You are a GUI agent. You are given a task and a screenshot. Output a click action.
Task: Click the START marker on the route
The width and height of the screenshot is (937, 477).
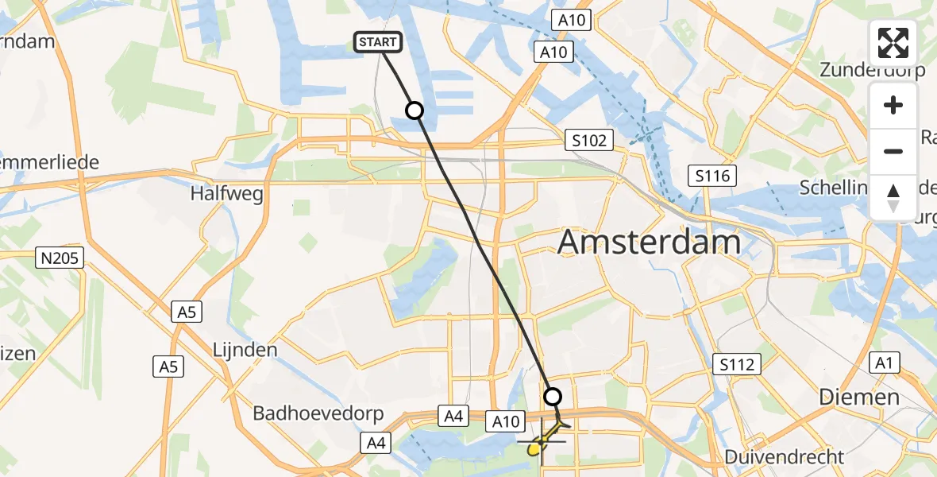coord(379,42)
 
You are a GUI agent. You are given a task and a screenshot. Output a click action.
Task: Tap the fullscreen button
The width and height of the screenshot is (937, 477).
coord(893,43)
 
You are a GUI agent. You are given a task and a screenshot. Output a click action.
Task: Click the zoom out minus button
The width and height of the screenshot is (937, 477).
coord(893,151)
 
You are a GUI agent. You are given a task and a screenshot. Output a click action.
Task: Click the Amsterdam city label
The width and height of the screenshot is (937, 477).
coord(650,242)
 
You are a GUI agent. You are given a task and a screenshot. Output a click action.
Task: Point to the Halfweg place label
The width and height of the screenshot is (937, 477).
coord(216,193)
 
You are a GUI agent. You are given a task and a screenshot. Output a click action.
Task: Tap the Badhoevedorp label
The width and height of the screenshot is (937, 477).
coord(318,414)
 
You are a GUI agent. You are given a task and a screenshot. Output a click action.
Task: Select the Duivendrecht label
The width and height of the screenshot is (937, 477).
coord(785,457)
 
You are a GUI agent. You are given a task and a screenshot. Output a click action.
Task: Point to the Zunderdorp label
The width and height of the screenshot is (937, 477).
coord(872,70)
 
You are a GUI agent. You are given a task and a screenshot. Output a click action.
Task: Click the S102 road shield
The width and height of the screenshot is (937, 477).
coord(588,141)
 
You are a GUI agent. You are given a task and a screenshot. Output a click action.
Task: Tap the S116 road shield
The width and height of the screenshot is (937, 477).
coord(711,176)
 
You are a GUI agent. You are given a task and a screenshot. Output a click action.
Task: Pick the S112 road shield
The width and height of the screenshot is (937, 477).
coord(736,364)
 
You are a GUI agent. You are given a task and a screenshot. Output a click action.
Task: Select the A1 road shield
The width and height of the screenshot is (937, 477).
coord(884,363)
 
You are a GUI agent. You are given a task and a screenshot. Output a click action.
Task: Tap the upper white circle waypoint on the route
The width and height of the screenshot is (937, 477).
coord(415,111)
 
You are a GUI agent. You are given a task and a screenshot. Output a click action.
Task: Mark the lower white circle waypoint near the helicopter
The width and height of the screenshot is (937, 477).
coord(553,396)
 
